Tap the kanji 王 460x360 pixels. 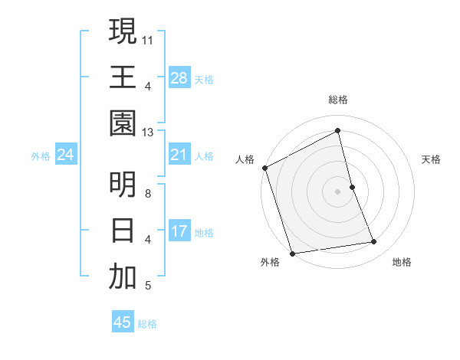coord(123,77)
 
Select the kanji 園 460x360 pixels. coord(123,123)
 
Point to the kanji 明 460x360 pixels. coord(123,184)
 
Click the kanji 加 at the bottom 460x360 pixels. coord(123,277)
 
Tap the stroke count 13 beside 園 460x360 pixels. coord(148,133)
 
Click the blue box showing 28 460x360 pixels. coord(179,77)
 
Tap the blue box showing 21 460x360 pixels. coord(179,155)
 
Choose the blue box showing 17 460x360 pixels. coord(179,232)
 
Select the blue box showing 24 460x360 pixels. coord(65,155)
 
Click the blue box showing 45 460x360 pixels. coord(123,322)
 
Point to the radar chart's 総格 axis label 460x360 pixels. coord(338,100)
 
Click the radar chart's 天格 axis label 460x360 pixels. coord(432,159)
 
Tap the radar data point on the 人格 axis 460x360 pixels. coord(264,168)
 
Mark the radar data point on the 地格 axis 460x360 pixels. coord(374,242)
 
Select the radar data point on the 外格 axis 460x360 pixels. coord(292,253)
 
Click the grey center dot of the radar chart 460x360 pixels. coord(338,191)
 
